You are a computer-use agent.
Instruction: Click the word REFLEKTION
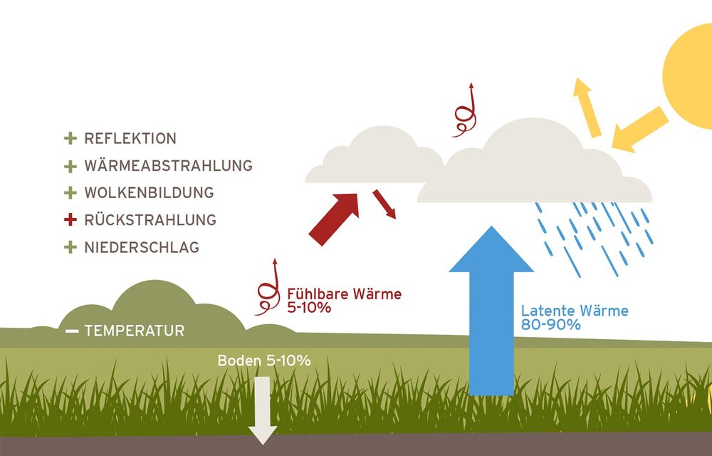pyautogui.click(x=130, y=138)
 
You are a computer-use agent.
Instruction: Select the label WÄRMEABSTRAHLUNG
pyautogui.click(x=168, y=166)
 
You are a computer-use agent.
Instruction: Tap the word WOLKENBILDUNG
pyautogui.click(x=149, y=193)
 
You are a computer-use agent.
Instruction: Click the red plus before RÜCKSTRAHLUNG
pyautogui.click(x=69, y=220)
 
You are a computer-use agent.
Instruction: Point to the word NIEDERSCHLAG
pyautogui.click(x=142, y=248)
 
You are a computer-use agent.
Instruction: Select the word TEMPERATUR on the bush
pyautogui.click(x=134, y=331)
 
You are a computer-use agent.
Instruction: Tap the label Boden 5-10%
pyautogui.click(x=263, y=361)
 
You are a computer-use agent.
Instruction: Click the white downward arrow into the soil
pyautogui.click(x=262, y=410)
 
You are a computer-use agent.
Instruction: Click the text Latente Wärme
pyautogui.click(x=575, y=311)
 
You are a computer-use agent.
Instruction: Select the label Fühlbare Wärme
pyautogui.click(x=344, y=294)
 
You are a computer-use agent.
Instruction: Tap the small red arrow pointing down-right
pyautogui.click(x=384, y=203)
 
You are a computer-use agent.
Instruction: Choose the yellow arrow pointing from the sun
pyautogui.click(x=639, y=130)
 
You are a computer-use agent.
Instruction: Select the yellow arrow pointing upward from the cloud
pyautogui.click(x=587, y=107)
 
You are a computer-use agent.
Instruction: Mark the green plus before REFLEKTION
pyautogui.click(x=70, y=138)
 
